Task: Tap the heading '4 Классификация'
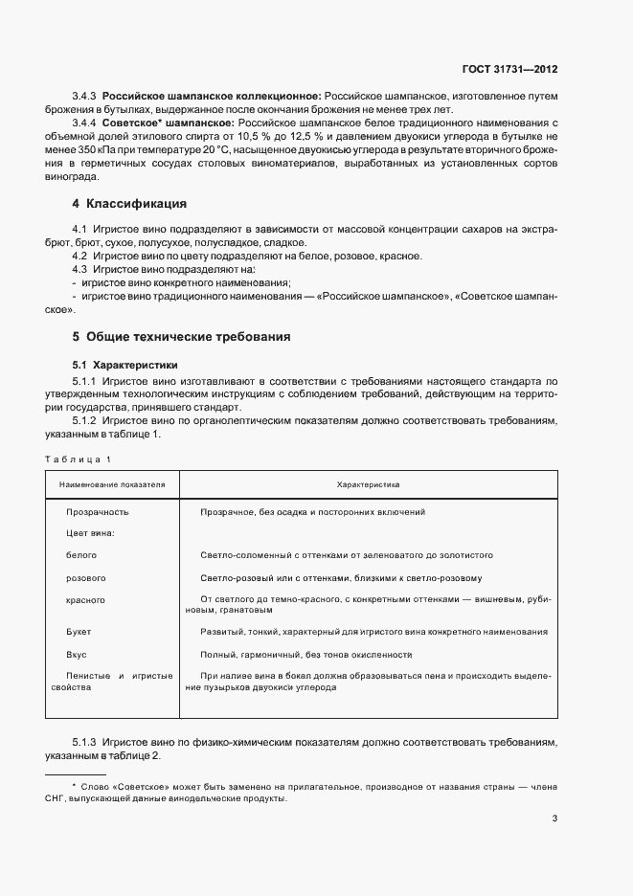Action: pos(129,204)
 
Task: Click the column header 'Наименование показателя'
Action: pos(112,485)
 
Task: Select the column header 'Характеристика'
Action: pos(368,485)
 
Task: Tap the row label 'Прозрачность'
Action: pos(97,512)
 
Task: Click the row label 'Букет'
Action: pos(79,632)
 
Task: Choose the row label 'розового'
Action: pos(85,578)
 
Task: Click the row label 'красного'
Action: pos(85,600)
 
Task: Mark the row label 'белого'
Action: pos(81,555)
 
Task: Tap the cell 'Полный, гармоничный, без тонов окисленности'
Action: pos(305,654)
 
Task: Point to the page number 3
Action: pos(555,818)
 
